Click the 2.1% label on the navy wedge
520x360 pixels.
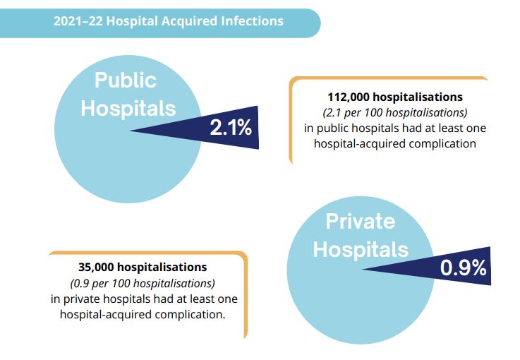(x=231, y=128)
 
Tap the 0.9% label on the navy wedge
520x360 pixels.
(x=463, y=268)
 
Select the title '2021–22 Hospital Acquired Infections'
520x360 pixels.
(x=168, y=21)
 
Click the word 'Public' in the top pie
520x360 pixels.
(x=126, y=80)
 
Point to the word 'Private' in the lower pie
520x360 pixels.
(x=360, y=221)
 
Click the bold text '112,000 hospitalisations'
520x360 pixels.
(x=395, y=97)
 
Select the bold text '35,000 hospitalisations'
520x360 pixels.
(x=143, y=268)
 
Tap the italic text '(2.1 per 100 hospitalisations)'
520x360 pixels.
(x=395, y=112)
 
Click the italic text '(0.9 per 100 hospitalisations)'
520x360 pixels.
(x=143, y=283)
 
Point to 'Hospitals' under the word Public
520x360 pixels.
(x=128, y=108)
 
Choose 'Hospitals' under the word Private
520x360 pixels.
(x=361, y=249)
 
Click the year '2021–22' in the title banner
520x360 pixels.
(x=77, y=21)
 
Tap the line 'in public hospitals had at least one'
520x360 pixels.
(x=395, y=128)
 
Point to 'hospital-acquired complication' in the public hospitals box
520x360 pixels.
(x=395, y=143)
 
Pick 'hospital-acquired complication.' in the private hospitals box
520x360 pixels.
(x=143, y=315)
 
